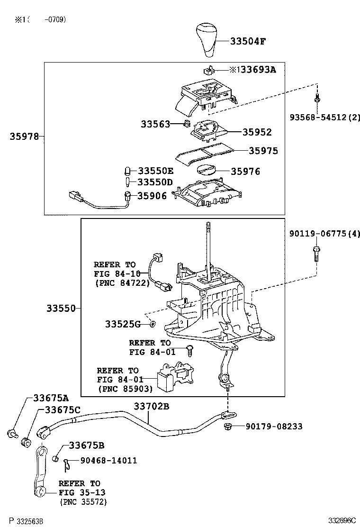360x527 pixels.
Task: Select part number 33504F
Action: pos(248,41)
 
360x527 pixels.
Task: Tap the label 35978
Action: pos(24,136)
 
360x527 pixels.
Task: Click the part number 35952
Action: pos(257,132)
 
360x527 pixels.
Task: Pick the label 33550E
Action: pos(155,171)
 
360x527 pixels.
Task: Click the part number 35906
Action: pos(152,195)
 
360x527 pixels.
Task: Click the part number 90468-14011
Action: pos(108,460)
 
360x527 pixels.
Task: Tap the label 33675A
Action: pos(51,398)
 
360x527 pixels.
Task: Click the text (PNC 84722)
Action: pos(122,283)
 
